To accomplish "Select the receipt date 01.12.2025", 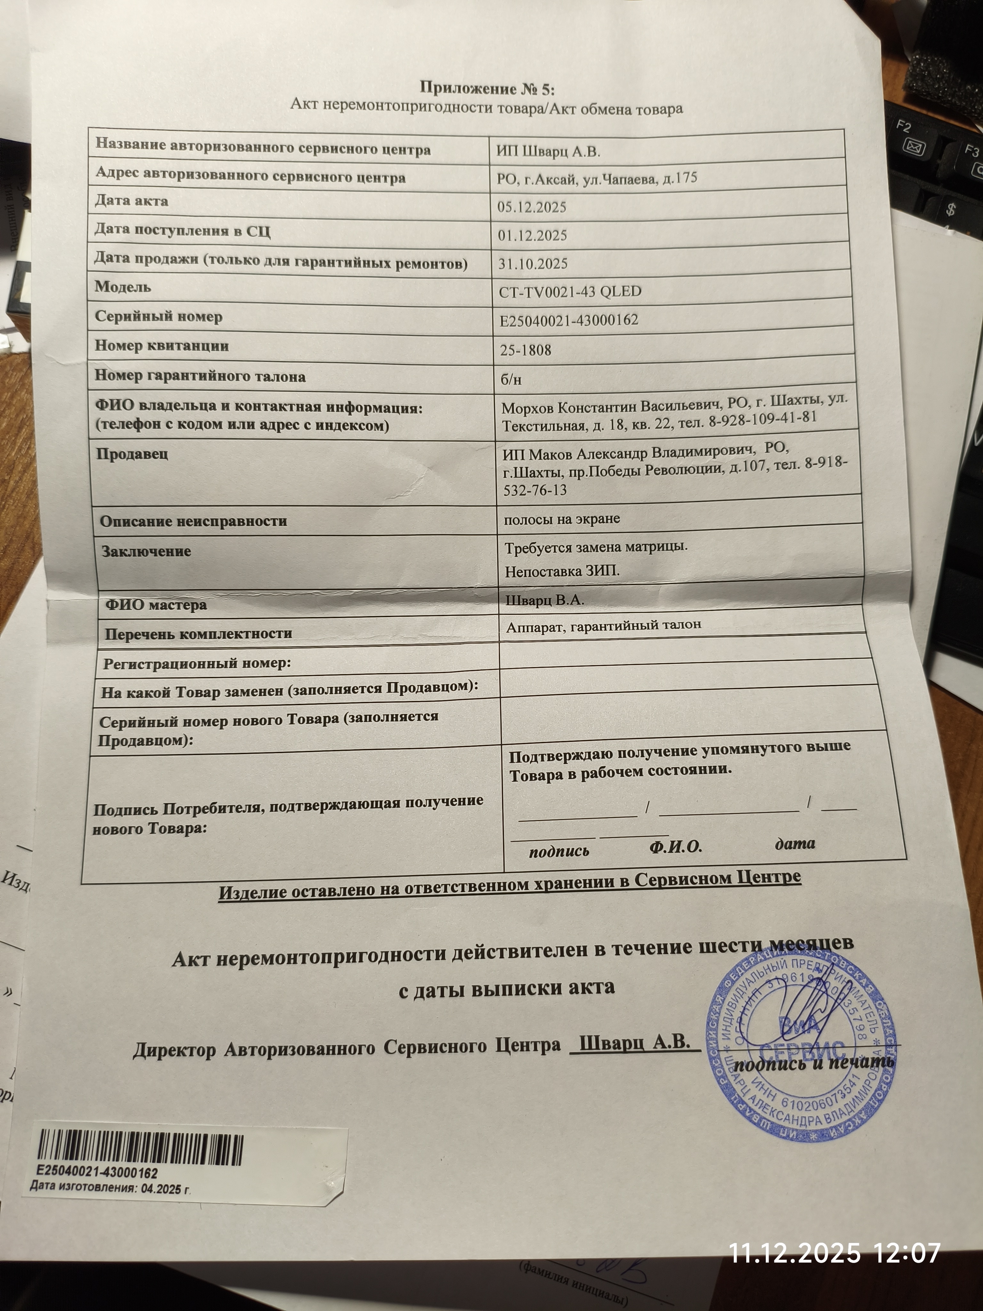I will pyautogui.click(x=532, y=235).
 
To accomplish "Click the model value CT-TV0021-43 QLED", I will pyautogui.click(x=570, y=292).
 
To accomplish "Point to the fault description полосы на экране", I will pyautogui.click(x=562, y=519).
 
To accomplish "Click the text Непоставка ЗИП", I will pyautogui.click(x=562, y=571).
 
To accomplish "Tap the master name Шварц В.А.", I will pyautogui.click(x=544, y=600).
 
